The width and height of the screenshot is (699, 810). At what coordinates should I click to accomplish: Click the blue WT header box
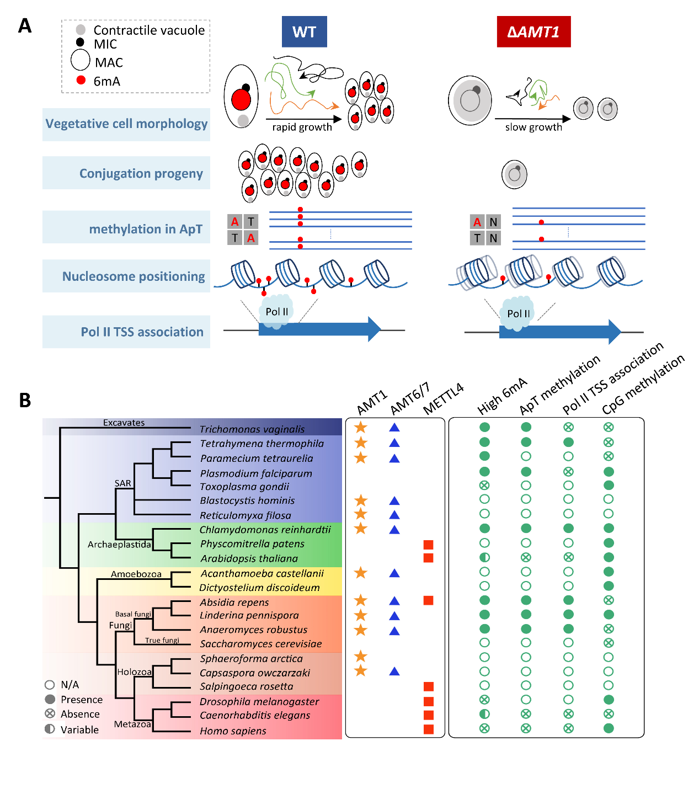pos(304,32)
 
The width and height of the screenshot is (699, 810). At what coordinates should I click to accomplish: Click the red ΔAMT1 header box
pos(533,32)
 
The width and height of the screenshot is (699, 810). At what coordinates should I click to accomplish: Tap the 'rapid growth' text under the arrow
pos(302,127)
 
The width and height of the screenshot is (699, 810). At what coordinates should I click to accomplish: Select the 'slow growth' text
pos(533,127)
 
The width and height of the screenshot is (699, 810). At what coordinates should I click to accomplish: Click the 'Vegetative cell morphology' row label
pos(126,124)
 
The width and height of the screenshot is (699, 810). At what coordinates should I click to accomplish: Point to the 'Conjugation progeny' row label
pos(141,174)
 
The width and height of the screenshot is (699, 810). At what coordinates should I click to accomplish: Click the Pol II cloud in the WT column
pos(276,312)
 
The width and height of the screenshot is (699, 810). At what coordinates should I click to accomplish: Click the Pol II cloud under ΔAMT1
pos(518,314)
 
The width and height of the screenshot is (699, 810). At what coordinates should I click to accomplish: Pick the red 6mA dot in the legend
pos(81,80)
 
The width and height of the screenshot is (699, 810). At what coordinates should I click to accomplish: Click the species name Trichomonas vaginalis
pos(252,429)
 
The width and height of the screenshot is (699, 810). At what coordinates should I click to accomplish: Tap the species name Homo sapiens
pos(233,731)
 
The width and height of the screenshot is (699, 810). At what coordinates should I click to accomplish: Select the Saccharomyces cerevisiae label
pos(260,644)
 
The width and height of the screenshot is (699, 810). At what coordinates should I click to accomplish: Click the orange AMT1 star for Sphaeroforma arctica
pos(361,656)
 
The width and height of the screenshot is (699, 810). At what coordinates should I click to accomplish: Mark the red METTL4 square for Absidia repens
pos(428,600)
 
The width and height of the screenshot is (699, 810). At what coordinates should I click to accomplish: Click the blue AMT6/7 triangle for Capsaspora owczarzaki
pos(394,672)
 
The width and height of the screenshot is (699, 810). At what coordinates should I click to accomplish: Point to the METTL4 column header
pos(443,399)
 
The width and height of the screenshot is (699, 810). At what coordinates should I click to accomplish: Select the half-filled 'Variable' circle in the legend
pos(50,729)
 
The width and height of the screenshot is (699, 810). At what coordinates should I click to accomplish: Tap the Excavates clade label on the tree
pos(124,423)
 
